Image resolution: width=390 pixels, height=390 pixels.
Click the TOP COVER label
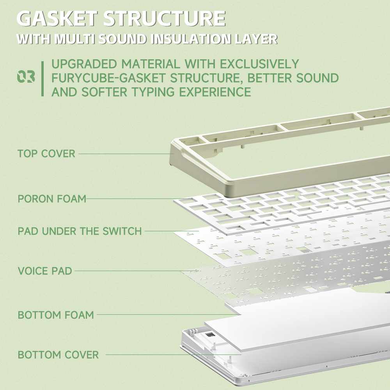pyautogui.click(x=46, y=154)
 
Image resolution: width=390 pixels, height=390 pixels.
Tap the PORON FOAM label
pyautogui.click(x=52, y=199)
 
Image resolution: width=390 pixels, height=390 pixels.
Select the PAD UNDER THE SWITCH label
pyautogui.click(x=80, y=231)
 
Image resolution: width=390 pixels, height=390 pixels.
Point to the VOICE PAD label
pyautogui.click(x=45, y=271)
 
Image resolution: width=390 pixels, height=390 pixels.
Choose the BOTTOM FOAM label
pyautogui.click(x=56, y=315)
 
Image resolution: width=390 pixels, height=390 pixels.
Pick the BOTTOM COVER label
pyautogui.click(x=58, y=355)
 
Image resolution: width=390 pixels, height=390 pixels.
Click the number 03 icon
pyautogui.click(x=26, y=76)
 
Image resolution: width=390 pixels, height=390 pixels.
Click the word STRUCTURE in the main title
pyautogui.click(x=165, y=18)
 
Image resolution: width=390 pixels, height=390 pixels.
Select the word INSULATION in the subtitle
pyautogui.click(x=191, y=39)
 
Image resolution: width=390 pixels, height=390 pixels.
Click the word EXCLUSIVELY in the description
pyautogui.click(x=259, y=64)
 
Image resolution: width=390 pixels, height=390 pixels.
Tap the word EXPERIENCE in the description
pyautogui.click(x=215, y=92)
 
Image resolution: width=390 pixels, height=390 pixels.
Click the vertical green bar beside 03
pyautogui.click(x=43, y=79)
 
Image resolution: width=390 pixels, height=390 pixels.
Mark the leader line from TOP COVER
pyautogui.click(x=126, y=154)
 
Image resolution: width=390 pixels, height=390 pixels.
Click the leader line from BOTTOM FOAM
pyautogui.click(x=169, y=315)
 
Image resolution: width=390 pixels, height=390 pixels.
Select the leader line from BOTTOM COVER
pyautogui.click(x=174, y=355)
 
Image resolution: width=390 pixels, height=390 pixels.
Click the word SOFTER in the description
pyautogui.click(x=105, y=92)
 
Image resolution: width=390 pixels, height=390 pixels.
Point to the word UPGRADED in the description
pyautogui.click(x=84, y=64)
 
